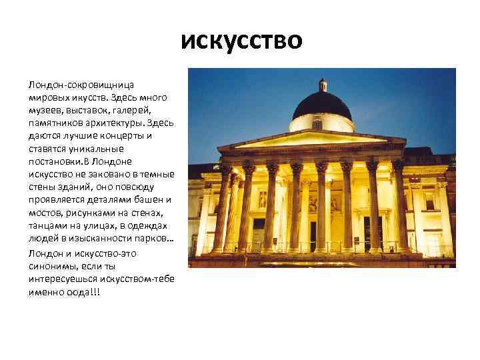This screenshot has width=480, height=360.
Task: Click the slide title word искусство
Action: [x=242, y=41]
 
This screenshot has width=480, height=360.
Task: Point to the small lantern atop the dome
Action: [x=323, y=85]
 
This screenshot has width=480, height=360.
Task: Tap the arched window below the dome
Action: [x=319, y=125]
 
